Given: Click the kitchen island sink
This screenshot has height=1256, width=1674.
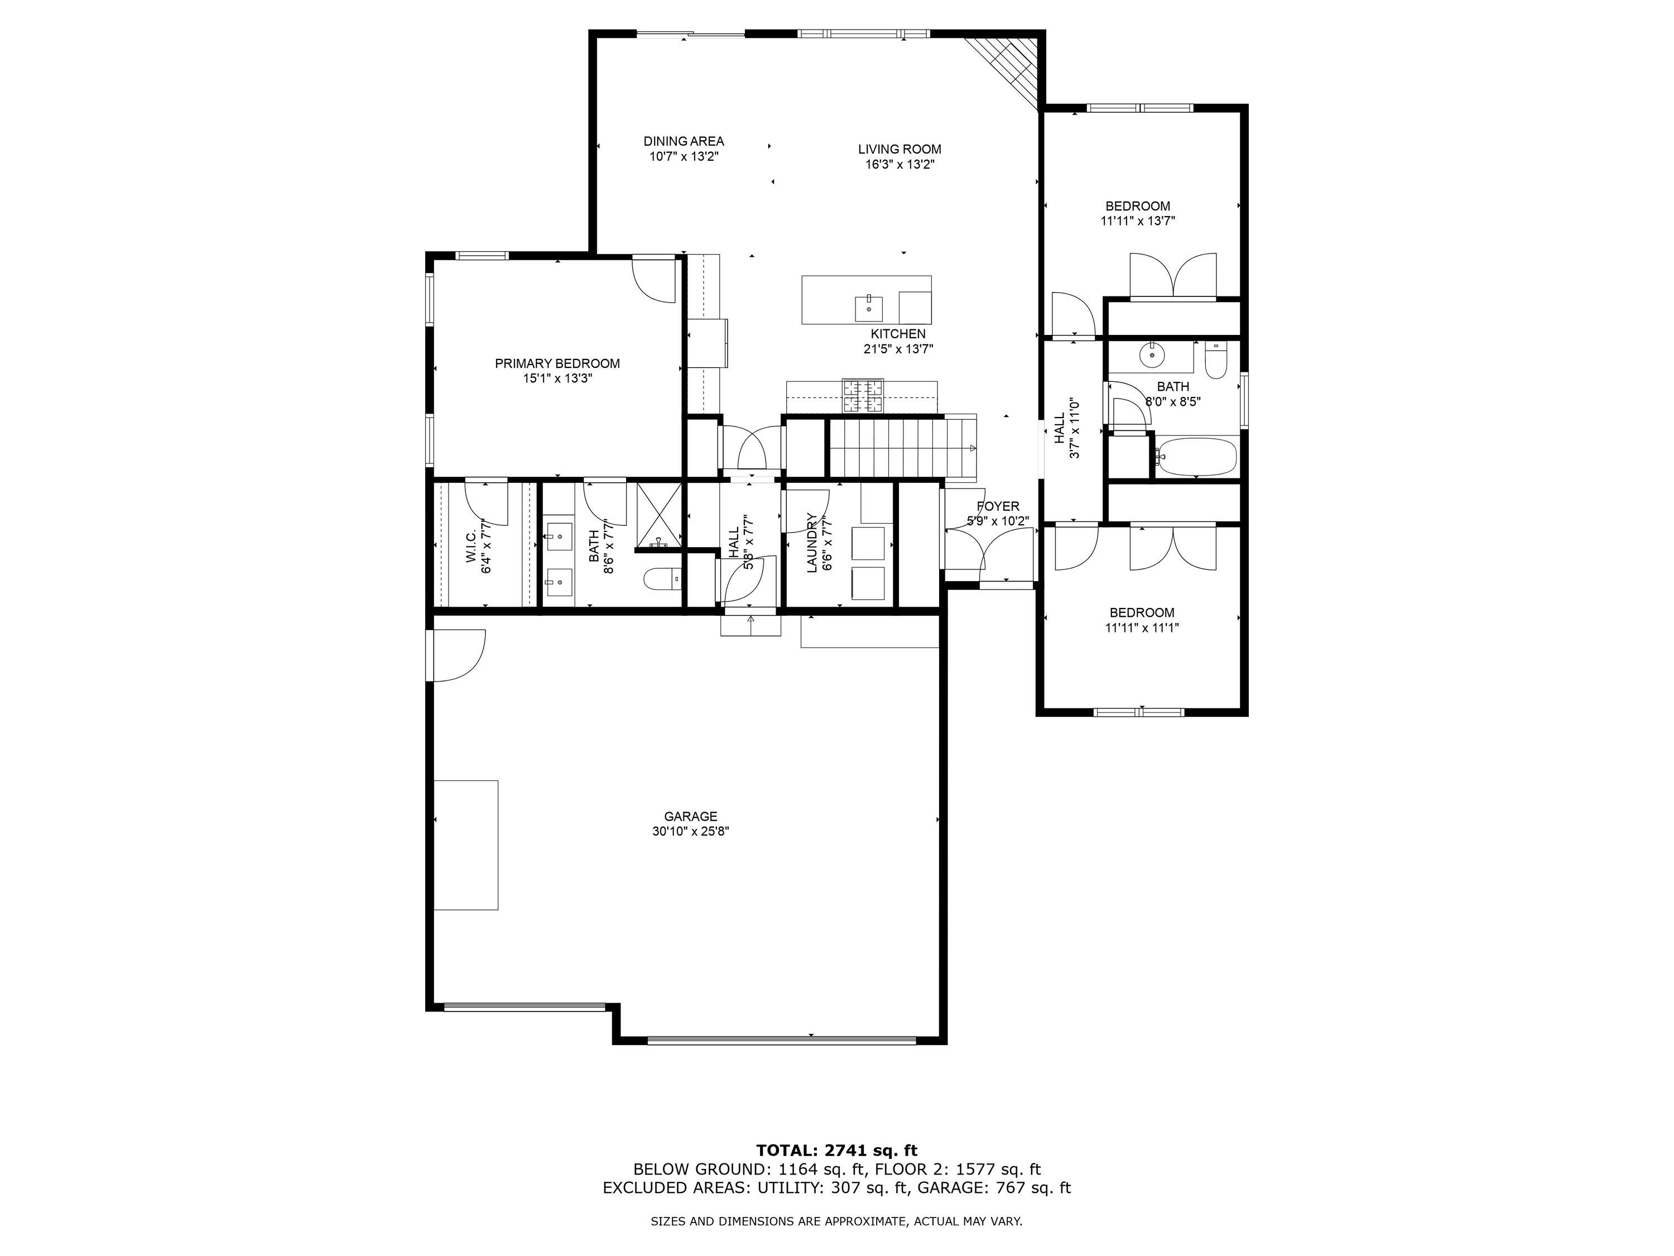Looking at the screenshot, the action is [869, 308].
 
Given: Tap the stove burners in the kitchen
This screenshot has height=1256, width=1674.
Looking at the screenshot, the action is [863, 396].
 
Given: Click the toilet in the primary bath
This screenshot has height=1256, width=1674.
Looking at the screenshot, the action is [662, 580].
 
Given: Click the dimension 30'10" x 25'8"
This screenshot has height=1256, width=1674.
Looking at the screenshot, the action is [690, 831].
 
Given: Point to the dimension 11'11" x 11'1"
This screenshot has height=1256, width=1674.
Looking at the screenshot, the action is [1142, 627].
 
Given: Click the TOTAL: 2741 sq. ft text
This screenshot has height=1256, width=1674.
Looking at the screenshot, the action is [837, 1150].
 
